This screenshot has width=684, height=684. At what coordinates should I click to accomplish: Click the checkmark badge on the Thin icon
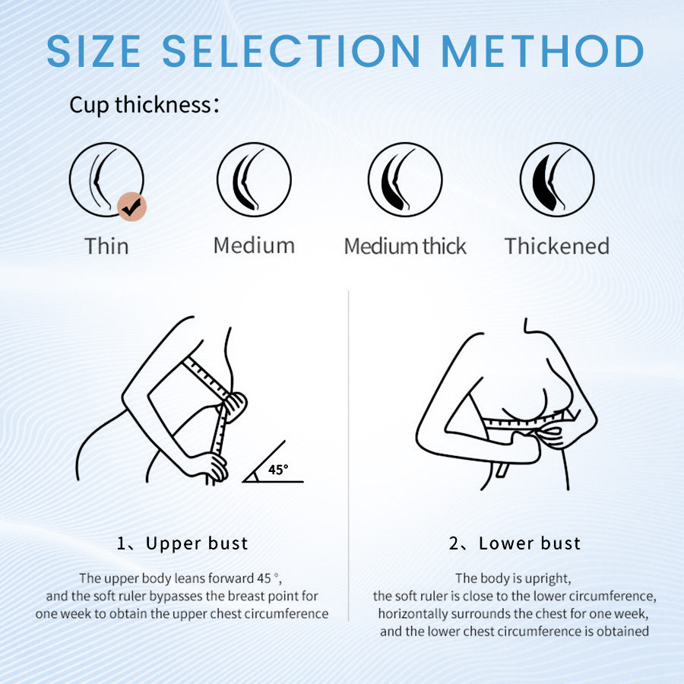133,207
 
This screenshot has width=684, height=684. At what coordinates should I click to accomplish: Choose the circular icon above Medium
254,180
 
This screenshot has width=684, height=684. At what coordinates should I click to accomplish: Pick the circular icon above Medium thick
405,180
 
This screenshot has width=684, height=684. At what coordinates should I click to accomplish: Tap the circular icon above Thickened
557,180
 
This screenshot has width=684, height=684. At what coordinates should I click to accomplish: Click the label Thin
106,246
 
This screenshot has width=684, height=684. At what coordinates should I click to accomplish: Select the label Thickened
557,246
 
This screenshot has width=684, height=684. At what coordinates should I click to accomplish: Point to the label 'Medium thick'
405,246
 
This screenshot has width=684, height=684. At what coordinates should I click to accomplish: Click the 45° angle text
278,470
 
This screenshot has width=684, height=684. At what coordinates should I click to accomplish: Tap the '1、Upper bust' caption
182,543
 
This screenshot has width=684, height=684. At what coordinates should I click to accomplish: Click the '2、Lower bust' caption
515,543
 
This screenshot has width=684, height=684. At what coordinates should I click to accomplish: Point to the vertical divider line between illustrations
348,456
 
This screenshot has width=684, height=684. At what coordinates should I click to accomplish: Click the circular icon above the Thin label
106,180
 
